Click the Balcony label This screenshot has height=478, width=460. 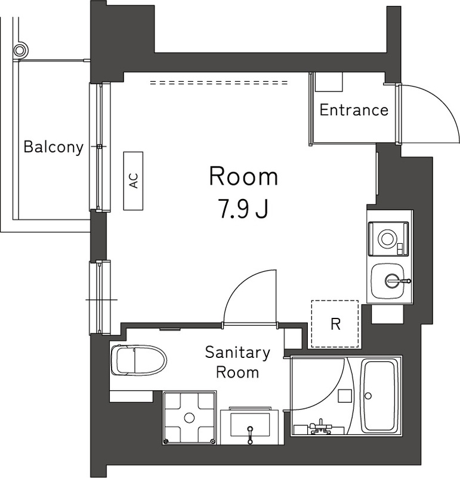53,147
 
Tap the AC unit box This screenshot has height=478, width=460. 134,180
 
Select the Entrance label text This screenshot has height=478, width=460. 354,111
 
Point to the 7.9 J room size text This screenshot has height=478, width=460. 243,209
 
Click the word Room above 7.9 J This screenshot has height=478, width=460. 243,177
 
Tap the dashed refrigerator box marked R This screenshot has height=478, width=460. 335,324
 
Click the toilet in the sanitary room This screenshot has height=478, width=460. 137,360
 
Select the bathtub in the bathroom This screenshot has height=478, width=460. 380,395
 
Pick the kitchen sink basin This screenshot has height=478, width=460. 389,281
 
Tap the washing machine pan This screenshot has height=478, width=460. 190,418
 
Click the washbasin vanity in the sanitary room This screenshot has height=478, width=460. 249,427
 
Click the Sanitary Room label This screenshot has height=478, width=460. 237,362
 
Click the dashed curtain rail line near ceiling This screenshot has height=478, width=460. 219,83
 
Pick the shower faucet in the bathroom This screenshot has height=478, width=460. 322,425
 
